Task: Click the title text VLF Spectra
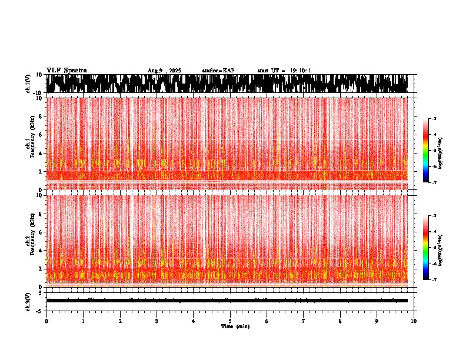[x=66, y=70]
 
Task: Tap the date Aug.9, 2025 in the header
[x=164, y=71]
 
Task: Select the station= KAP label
[x=218, y=71]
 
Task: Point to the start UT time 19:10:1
[x=284, y=71]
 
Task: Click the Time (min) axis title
[x=235, y=326]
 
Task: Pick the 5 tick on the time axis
[x=230, y=321]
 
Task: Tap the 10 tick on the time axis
[x=414, y=321]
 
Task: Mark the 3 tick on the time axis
[x=157, y=321]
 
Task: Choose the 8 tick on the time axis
[x=340, y=321]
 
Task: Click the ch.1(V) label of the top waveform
[x=28, y=84]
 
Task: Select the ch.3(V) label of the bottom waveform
[x=28, y=300]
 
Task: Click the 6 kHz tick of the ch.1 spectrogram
[x=39, y=135]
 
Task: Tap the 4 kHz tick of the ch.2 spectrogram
[x=39, y=250]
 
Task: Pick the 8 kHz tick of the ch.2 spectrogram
[x=39, y=214]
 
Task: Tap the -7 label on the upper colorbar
[x=434, y=183]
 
